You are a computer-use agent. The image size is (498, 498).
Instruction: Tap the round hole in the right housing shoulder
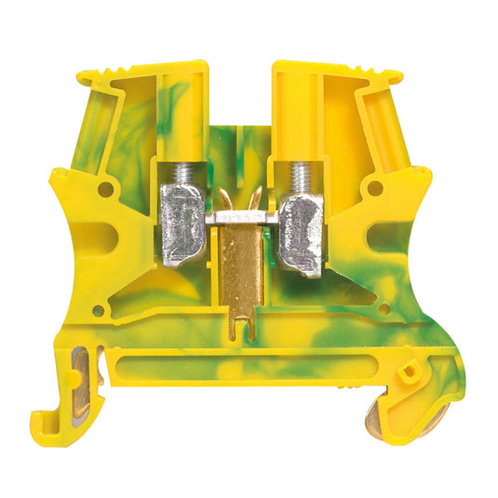pos(375,187)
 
